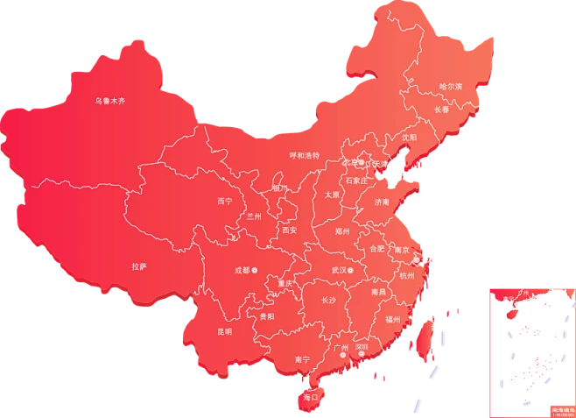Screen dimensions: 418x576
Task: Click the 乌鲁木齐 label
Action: [x=110, y=102]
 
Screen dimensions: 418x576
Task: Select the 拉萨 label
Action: [x=139, y=266]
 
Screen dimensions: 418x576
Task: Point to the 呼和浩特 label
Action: [x=304, y=155]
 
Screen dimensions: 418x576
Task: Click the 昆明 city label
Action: [x=224, y=332]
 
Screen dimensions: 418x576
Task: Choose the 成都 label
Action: [x=241, y=270]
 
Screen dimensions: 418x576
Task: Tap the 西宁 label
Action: [x=225, y=201]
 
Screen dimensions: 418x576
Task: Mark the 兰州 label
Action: [x=254, y=216]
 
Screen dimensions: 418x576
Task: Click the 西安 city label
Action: [x=289, y=230]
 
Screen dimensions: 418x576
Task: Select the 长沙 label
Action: [x=328, y=301]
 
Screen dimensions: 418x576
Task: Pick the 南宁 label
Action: [x=303, y=359]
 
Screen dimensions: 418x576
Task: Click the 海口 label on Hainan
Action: [x=308, y=398]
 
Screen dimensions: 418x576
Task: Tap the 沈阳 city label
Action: [x=409, y=138]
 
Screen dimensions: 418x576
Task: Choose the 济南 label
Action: [x=382, y=202]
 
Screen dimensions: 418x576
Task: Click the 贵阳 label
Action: [x=267, y=316]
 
